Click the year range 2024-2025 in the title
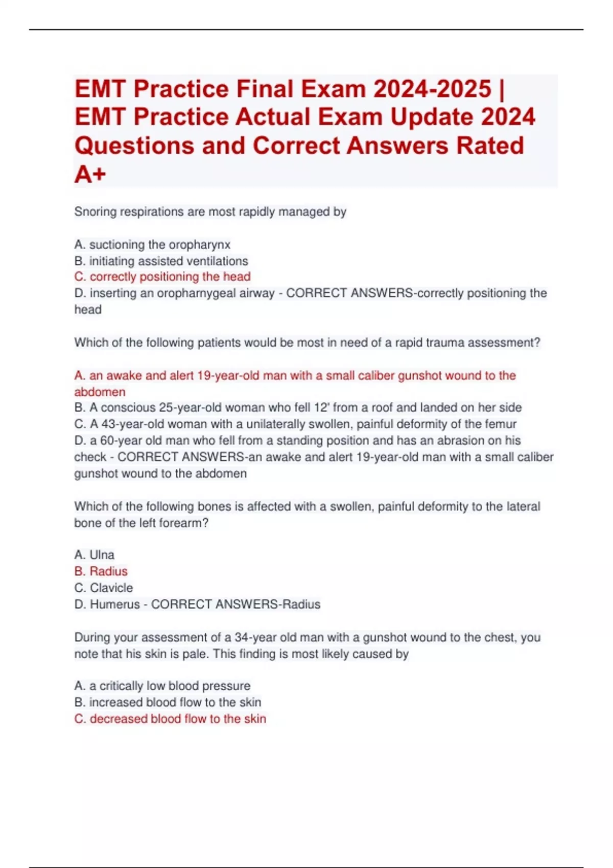pyautogui.click(x=432, y=89)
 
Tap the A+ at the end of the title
pyautogui.click(x=90, y=175)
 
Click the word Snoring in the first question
pyautogui.click(x=95, y=212)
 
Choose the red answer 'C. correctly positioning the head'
pyautogui.click(x=162, y=277)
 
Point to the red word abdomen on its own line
pyautogui.click(x=100, y=392)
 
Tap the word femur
pyautogui.click(x=501, y=424)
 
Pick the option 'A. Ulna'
pyautogui.click(x=95, y=554)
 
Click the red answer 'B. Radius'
pyautogui.click(x=101, y=571)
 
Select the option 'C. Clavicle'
pyautogui.click(x=104, y=588)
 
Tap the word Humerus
pyautogui.click(x=114, y=604)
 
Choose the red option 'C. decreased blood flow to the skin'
pyautogui.click(x=170, y=718)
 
